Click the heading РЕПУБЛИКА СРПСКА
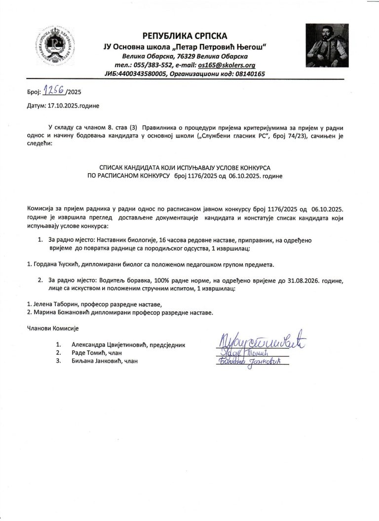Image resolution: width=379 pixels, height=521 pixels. click(185, 36)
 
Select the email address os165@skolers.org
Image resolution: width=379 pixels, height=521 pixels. click(226, 65)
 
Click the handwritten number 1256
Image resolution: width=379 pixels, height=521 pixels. click(54, 91)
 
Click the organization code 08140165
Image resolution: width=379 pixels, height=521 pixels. click(249, 74)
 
